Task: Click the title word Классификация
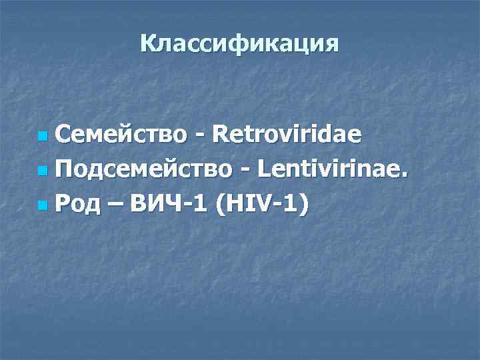click(239, 44)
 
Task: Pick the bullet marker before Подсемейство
click(43, 173)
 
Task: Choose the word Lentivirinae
click(327, 171)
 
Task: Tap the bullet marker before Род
click(43, 207)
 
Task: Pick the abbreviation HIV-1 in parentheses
click(261, 206)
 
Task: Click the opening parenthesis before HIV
click(218, 207)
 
